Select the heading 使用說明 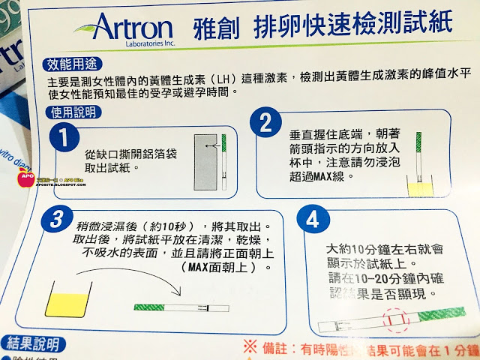(x=73, y=112)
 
